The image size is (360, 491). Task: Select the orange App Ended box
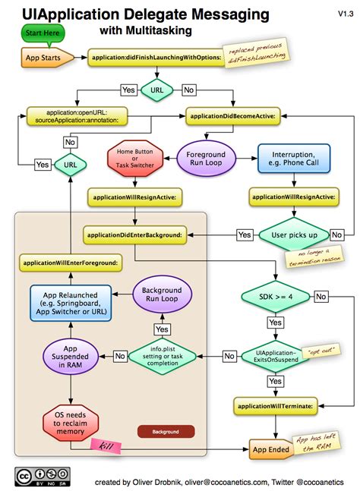[271, 450]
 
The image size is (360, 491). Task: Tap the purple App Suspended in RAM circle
[69, 355]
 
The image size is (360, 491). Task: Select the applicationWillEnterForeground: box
[68, 263]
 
